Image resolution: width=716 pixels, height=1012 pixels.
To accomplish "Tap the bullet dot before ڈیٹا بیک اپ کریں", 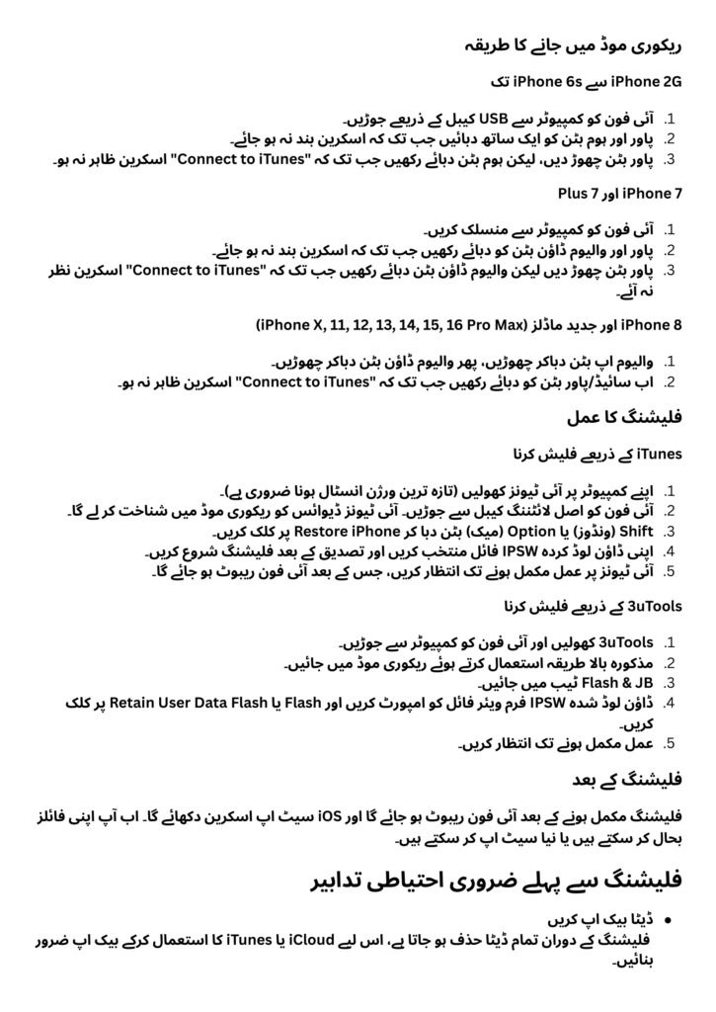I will [x=668, y=918].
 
